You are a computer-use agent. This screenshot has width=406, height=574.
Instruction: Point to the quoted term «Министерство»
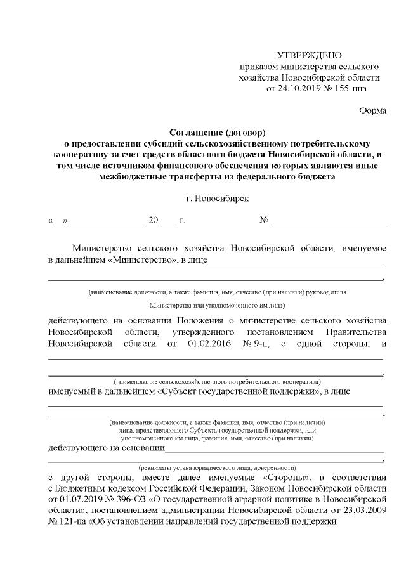(142, 259)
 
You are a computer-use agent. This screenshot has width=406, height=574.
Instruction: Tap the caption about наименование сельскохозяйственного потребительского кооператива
(217, 382)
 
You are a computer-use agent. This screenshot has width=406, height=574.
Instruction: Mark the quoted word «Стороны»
(284, 477)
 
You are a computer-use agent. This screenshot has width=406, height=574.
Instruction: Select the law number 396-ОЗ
(126, 500)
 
